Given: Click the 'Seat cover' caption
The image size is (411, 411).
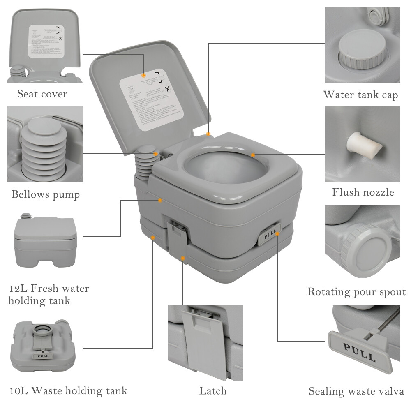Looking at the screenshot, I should point(42,94).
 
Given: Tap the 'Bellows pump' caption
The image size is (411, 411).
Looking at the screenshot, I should point(45,194).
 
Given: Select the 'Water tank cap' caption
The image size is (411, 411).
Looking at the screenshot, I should point(360,95).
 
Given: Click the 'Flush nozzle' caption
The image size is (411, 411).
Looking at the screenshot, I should point(363,192).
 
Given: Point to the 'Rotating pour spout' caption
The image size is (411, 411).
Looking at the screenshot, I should point(356,292).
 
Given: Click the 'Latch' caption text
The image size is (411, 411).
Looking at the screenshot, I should point(213,391).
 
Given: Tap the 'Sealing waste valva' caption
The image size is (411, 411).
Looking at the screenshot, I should point(356,391).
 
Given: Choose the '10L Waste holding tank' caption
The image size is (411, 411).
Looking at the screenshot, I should point(68,390).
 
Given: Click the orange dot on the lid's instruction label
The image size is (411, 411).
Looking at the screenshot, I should point(143,75).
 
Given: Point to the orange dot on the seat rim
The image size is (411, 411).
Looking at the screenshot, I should point(253,155).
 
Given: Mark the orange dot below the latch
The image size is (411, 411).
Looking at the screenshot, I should point(183,259).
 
